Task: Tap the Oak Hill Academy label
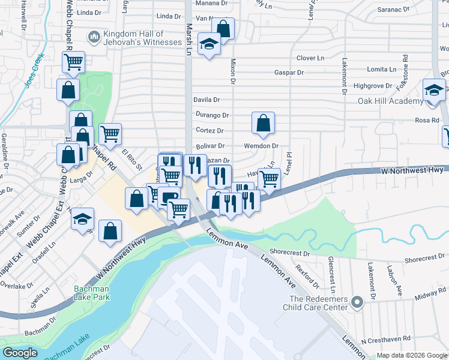click(390, 101)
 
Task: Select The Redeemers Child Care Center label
click(319, 303)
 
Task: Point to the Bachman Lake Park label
click(91, 293)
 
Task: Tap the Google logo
click(20, 353)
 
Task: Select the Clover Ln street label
click(310, 58)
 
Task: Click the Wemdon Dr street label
click(261, 146)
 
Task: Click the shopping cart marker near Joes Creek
click(73, 61)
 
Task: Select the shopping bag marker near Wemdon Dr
click(263, 123)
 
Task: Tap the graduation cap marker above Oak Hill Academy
click(434, 90)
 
